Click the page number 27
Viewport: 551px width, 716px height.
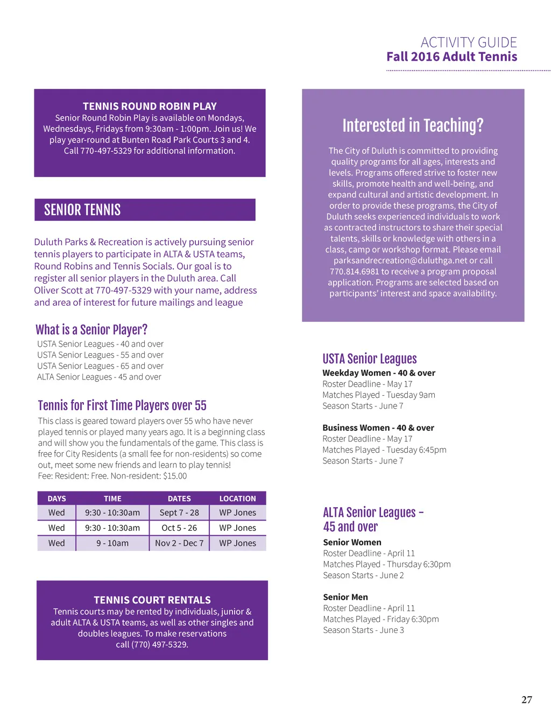click(527, 699)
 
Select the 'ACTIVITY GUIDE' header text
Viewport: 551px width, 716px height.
click(468, 43)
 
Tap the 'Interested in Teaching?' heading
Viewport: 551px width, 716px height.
click(413, 125)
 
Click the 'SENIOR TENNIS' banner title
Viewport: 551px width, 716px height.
click(82, 210)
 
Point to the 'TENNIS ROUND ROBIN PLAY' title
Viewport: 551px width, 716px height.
click(150, 106)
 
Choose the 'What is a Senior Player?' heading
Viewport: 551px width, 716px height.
click(91, 329)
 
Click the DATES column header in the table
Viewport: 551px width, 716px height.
click(179, 499)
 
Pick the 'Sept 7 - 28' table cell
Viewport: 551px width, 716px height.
click(179, 513)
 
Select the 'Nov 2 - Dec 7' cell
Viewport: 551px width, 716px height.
click(179, 543)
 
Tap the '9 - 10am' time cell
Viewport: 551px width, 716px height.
click(112, 543)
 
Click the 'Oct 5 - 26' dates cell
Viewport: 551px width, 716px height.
click(179, 528)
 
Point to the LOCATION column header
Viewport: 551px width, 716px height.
click(237, 499)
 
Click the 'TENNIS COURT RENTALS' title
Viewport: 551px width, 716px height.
click(152, 600)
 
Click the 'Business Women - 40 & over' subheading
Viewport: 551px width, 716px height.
click(378, 427)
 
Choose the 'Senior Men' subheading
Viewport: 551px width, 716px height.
click(345, 597)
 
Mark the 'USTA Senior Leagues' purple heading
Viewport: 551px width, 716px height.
click(370, 359)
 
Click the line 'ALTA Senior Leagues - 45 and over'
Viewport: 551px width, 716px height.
click(99, 377)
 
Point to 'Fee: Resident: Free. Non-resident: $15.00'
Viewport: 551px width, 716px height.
click(112, 476)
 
